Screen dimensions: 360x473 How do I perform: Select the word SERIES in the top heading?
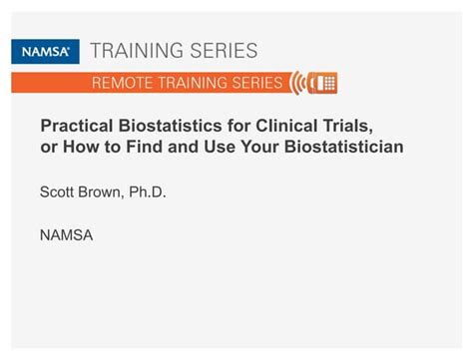coord(227,51)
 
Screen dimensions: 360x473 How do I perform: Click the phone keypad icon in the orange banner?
coord(324,83)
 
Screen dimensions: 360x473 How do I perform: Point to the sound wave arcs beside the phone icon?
coord(298,83)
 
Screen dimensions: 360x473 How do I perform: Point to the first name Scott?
coord(58,191)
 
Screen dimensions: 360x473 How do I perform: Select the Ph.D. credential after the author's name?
coord(147,191)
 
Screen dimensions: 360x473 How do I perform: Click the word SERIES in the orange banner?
coord(252,83)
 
